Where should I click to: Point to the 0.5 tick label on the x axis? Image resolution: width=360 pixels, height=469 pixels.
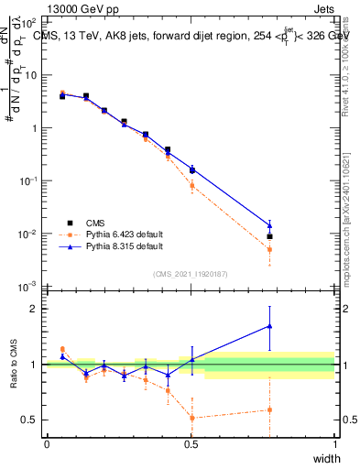click(x=191, y=443)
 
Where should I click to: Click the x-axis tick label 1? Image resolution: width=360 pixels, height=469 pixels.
click(x=334, y=443)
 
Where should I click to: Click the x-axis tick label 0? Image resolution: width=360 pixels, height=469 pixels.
click(x=47, y=443)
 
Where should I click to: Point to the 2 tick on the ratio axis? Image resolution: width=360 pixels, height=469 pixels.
click(x=34, y=309)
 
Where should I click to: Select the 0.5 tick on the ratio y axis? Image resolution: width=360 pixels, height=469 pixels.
click(x=30, y=420)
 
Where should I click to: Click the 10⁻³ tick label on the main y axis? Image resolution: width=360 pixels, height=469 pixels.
click(x=28, y=287)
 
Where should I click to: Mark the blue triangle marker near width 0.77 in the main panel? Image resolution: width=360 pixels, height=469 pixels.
click(x=269, y=225)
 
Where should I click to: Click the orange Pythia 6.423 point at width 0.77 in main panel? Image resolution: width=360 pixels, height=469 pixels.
click(x=269, y=249)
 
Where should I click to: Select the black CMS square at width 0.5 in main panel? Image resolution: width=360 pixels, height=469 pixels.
click(x=192, y=169)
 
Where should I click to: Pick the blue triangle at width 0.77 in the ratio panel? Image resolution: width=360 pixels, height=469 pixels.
click(x=269, y=325)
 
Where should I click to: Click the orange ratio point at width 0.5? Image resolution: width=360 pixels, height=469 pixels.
click(x=192, y=418)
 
